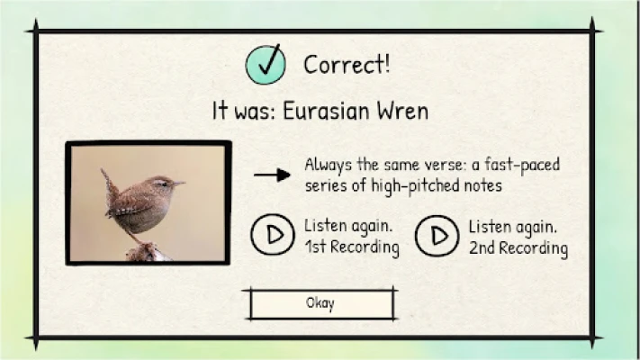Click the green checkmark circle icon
pyautogui.click(x=266, y=65)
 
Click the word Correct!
pyautogui.click(x=347, y=65)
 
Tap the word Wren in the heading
pyautogui.click(x=402, y=111)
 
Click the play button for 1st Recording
pyautogui.click(x=272, y=235)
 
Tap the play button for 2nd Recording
pyautogui.click(x=437, y=236)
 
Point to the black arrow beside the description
pyautogui.click(x=272, y=175)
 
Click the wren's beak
pyautogui.click(x=179, y=184)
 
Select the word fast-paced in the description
pyautogui.click(x=522, y=166)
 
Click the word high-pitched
pyautogui.click(x=415, y=186)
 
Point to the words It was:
pyautogui.click(x=244, y=111)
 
